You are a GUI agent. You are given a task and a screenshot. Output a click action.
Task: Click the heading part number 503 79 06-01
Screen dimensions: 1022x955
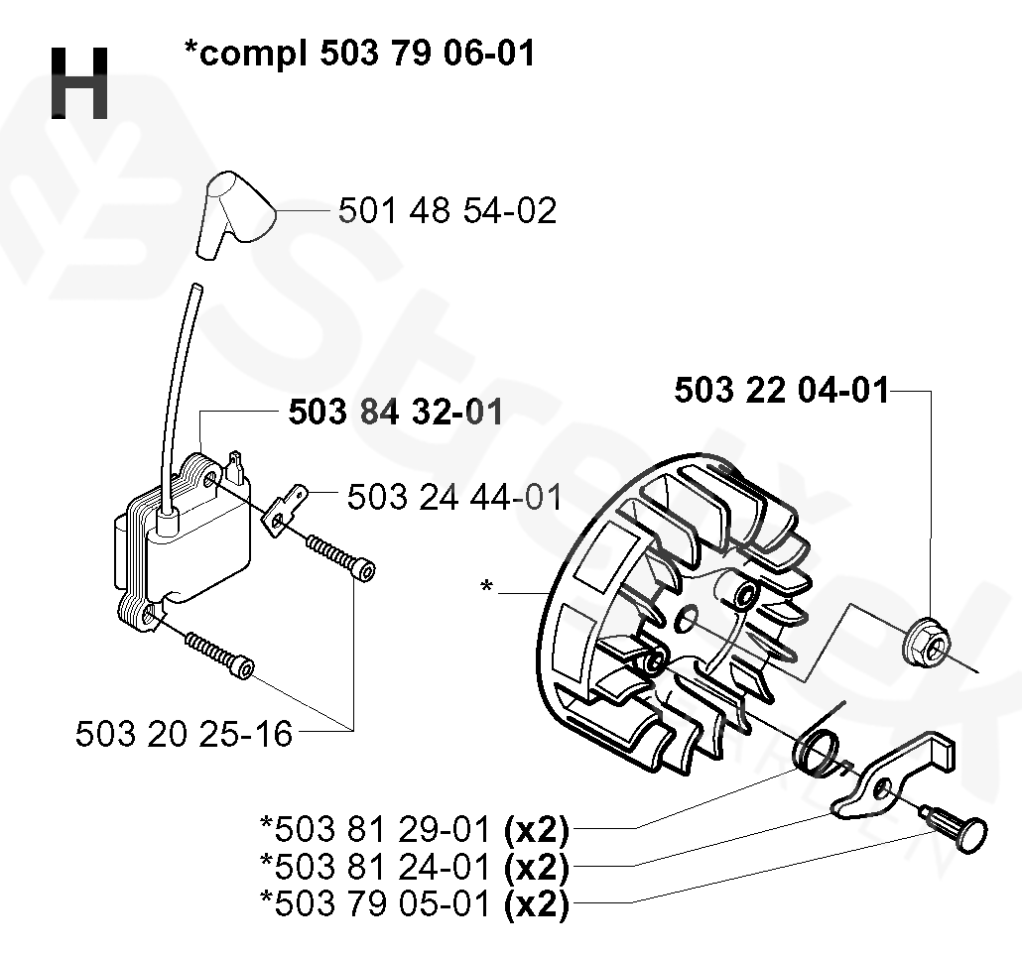point(428,53)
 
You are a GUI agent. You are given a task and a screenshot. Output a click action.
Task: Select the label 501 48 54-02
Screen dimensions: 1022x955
point(447,210)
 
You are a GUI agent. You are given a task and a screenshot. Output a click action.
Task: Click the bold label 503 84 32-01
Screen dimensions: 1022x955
point(395,412)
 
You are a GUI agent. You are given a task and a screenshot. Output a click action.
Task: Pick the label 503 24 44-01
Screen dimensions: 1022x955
point(454,497)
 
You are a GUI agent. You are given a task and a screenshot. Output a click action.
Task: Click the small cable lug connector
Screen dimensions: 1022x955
point(285,507)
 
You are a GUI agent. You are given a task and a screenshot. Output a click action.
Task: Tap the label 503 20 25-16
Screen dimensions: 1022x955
point(185,734)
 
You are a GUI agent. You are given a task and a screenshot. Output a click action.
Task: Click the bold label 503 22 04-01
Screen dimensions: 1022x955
point(782,391)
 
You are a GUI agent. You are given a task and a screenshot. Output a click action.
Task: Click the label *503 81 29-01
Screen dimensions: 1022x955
point(376,827)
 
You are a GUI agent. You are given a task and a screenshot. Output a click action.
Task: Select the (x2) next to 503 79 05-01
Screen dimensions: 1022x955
point(536,902)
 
